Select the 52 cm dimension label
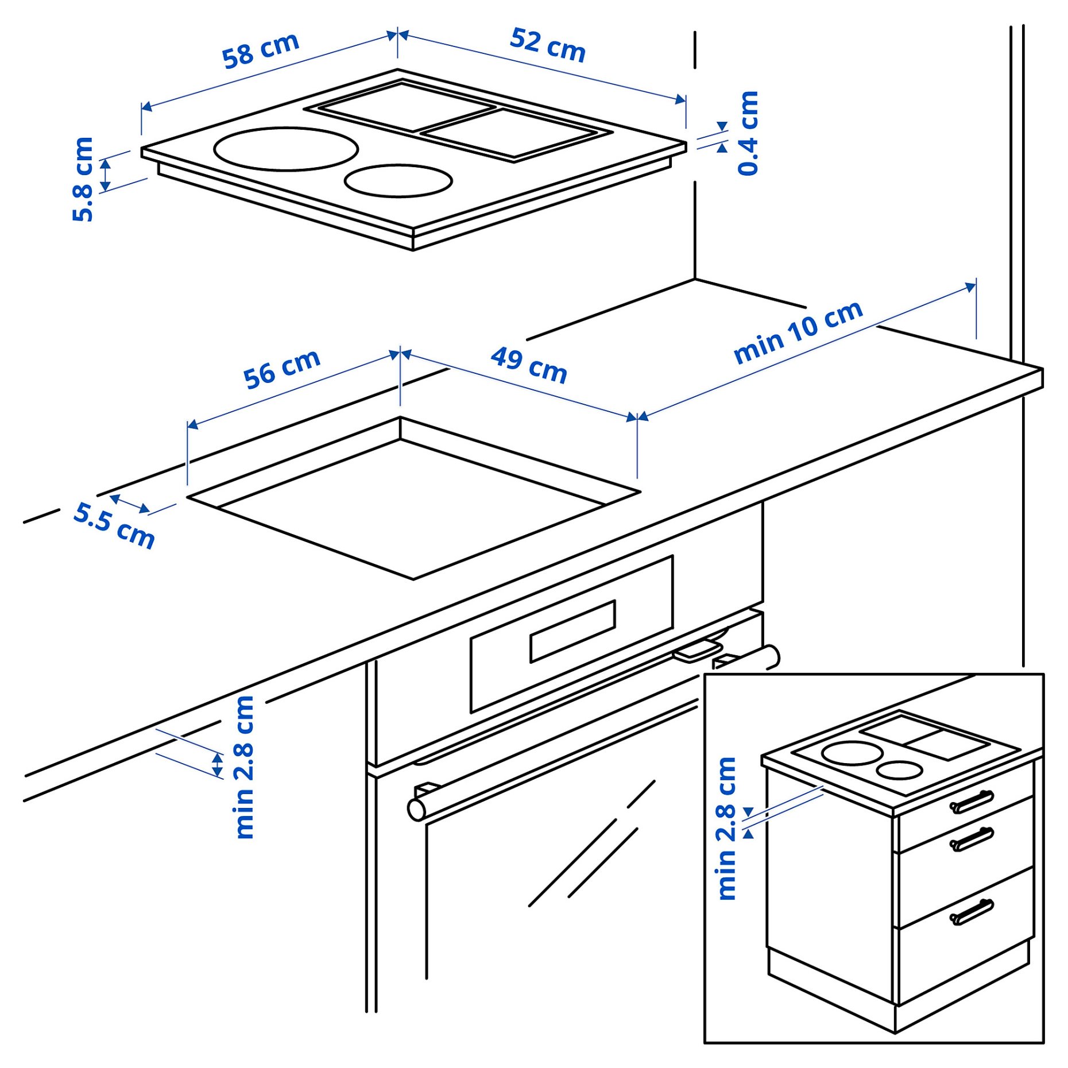547,45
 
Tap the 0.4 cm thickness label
748,133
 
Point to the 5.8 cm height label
83,179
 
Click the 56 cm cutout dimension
281,369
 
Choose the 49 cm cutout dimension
529,365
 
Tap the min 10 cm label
798,332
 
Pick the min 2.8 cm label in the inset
727,829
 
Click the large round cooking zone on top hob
286,149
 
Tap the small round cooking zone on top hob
398,181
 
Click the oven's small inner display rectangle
572,632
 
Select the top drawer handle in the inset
972,802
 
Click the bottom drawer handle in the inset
972,912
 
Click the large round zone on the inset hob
852,753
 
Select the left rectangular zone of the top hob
407,107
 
